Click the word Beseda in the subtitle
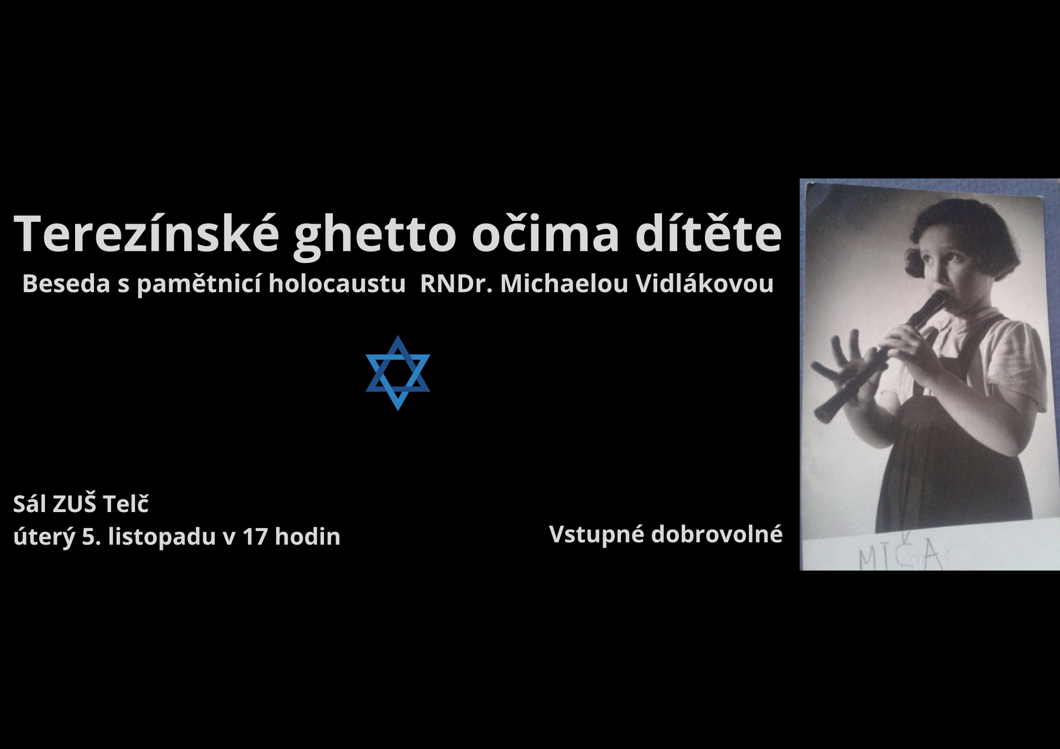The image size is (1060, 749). (66, 283)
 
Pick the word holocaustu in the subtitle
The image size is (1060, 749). (337, 283)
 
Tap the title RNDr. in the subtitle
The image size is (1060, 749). (456, 283)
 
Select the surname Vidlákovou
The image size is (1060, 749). (704, 283)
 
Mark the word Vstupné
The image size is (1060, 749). (596, 534)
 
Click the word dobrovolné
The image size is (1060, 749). (717, 534)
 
